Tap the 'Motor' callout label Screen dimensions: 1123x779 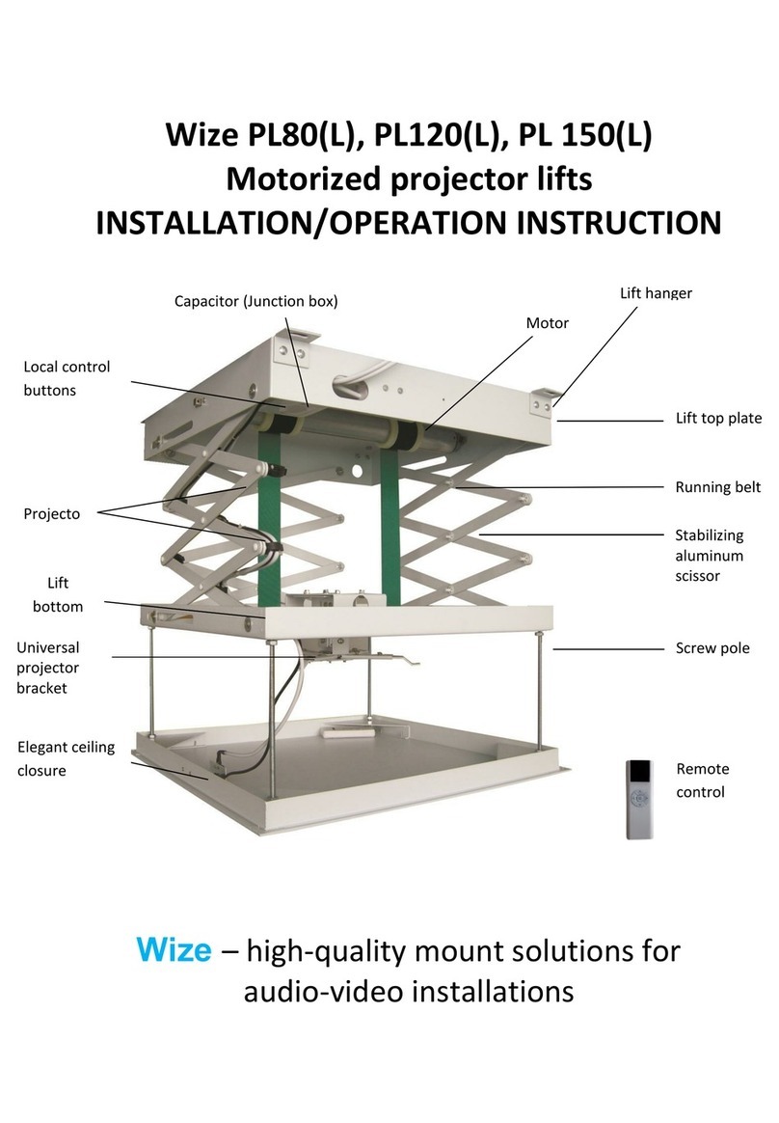(x=547, y=323)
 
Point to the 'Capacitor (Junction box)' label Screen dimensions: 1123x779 (x=255, y=301)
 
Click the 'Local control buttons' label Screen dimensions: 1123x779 (x=67, y=378)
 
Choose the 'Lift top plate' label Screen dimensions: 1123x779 (x=718, y=419)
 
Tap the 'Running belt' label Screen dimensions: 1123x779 (x=717, y=487)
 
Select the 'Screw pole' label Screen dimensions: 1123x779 (x=712, y=648)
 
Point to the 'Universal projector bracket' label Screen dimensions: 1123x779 (x=48, y=668)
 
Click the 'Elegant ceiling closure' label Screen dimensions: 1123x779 (x=66, y=759)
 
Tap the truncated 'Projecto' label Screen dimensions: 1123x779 (x=52, y=514)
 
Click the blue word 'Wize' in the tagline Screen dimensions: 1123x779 (x=174, y=950)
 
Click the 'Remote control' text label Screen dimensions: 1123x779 (x=702, y=781)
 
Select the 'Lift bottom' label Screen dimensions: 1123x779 (x=58, y=595)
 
